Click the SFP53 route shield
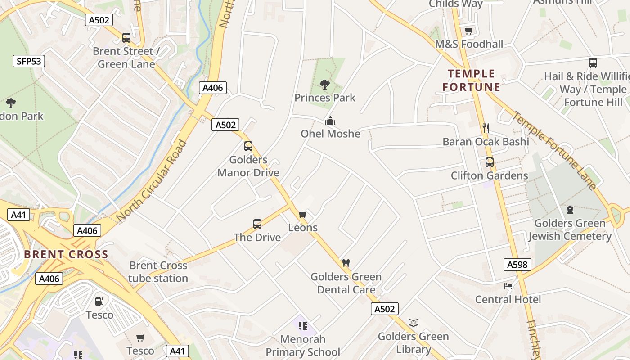[28, 61]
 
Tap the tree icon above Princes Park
[324, 84]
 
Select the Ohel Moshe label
[330, 134]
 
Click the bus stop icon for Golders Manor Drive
[248, 146]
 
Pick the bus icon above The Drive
[257, 224]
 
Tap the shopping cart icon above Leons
[303, 214]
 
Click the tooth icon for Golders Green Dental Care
[346, 263]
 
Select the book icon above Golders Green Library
[413, 323]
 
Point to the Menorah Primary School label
[303, 345]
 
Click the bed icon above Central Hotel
[508, 286]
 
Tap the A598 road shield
[517, 265]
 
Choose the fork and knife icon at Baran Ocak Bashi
[486, 128]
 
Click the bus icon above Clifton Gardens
[489, 162]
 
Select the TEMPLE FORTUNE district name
[471, 80]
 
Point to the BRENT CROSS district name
[66, 254]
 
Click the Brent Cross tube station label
[158, 272]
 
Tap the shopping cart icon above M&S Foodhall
[468, 31]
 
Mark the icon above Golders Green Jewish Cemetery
[570, 210]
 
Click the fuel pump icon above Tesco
[99, 301]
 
